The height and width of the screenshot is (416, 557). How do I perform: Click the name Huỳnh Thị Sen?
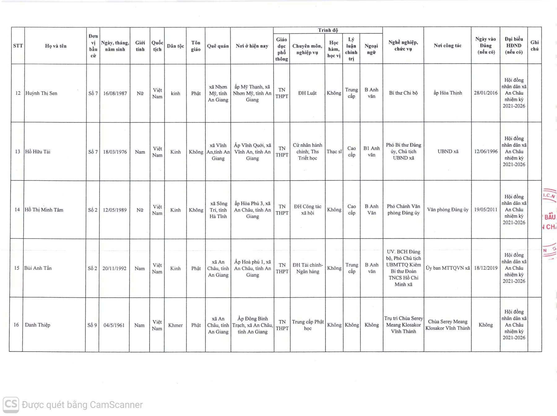pos(41,93)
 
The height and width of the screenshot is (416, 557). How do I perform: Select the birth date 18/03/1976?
pos(115,152)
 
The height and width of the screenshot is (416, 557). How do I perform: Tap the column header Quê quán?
pos(218,46)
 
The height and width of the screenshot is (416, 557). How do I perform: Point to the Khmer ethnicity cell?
pos(175,325)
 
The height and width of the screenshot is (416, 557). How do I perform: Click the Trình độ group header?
pos(328,30)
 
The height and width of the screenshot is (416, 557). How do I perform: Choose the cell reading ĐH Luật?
pos(307,93)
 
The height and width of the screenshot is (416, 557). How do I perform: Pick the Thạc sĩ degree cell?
pos(334,151)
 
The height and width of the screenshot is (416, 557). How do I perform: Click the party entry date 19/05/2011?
pos(486,210)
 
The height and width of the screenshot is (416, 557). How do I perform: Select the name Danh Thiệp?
pos(37,325)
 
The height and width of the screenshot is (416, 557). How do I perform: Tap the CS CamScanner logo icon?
pos(11,405)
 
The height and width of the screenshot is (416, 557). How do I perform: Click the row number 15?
pos(17,268)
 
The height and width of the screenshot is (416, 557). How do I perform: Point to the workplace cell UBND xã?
pos(448,151)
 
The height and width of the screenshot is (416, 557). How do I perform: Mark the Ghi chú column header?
pos(534,46)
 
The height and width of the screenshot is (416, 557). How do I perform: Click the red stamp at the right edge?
pos(550,223)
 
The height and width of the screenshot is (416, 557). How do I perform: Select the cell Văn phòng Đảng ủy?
pos(447,210)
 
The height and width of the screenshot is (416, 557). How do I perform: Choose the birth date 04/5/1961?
pos(114,325)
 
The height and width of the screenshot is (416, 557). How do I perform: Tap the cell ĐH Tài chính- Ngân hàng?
pos(308,268)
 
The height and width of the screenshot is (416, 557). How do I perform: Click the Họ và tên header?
pos(56,46)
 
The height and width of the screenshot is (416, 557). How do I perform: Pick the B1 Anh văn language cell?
pos(371,151)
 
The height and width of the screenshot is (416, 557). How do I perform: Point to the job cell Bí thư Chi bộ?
pos(403,93)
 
